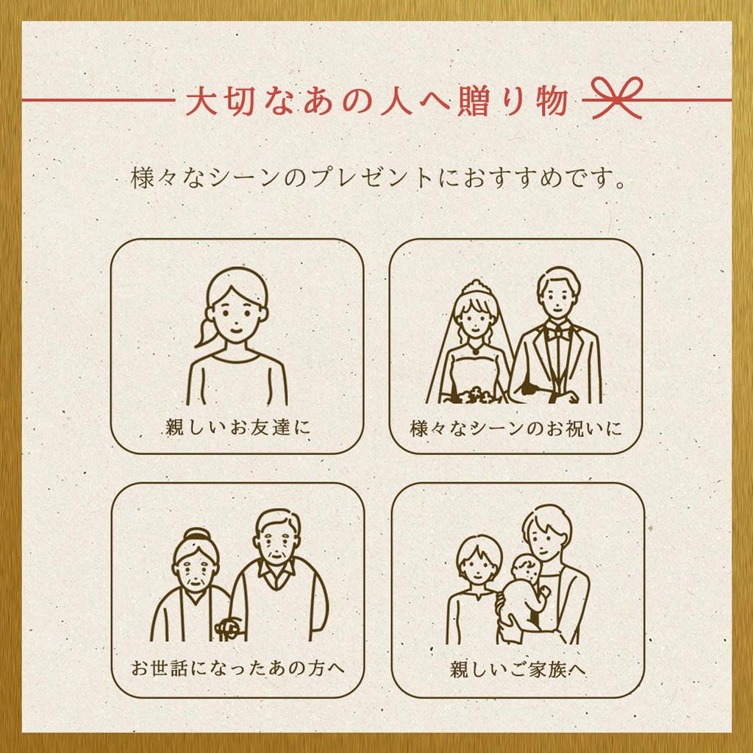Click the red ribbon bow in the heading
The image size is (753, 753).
(617, 98)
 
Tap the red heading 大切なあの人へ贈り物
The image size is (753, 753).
(377, 101)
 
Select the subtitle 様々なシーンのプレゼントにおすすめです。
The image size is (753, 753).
(379, 178)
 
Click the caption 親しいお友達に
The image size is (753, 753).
(238, 427)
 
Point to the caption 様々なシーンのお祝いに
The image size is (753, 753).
(516, 428)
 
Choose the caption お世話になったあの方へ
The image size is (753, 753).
(238, 668)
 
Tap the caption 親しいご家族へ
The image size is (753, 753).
(518, 668)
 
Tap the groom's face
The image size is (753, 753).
(558, 301)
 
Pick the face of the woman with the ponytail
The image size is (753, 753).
(236, 316)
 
